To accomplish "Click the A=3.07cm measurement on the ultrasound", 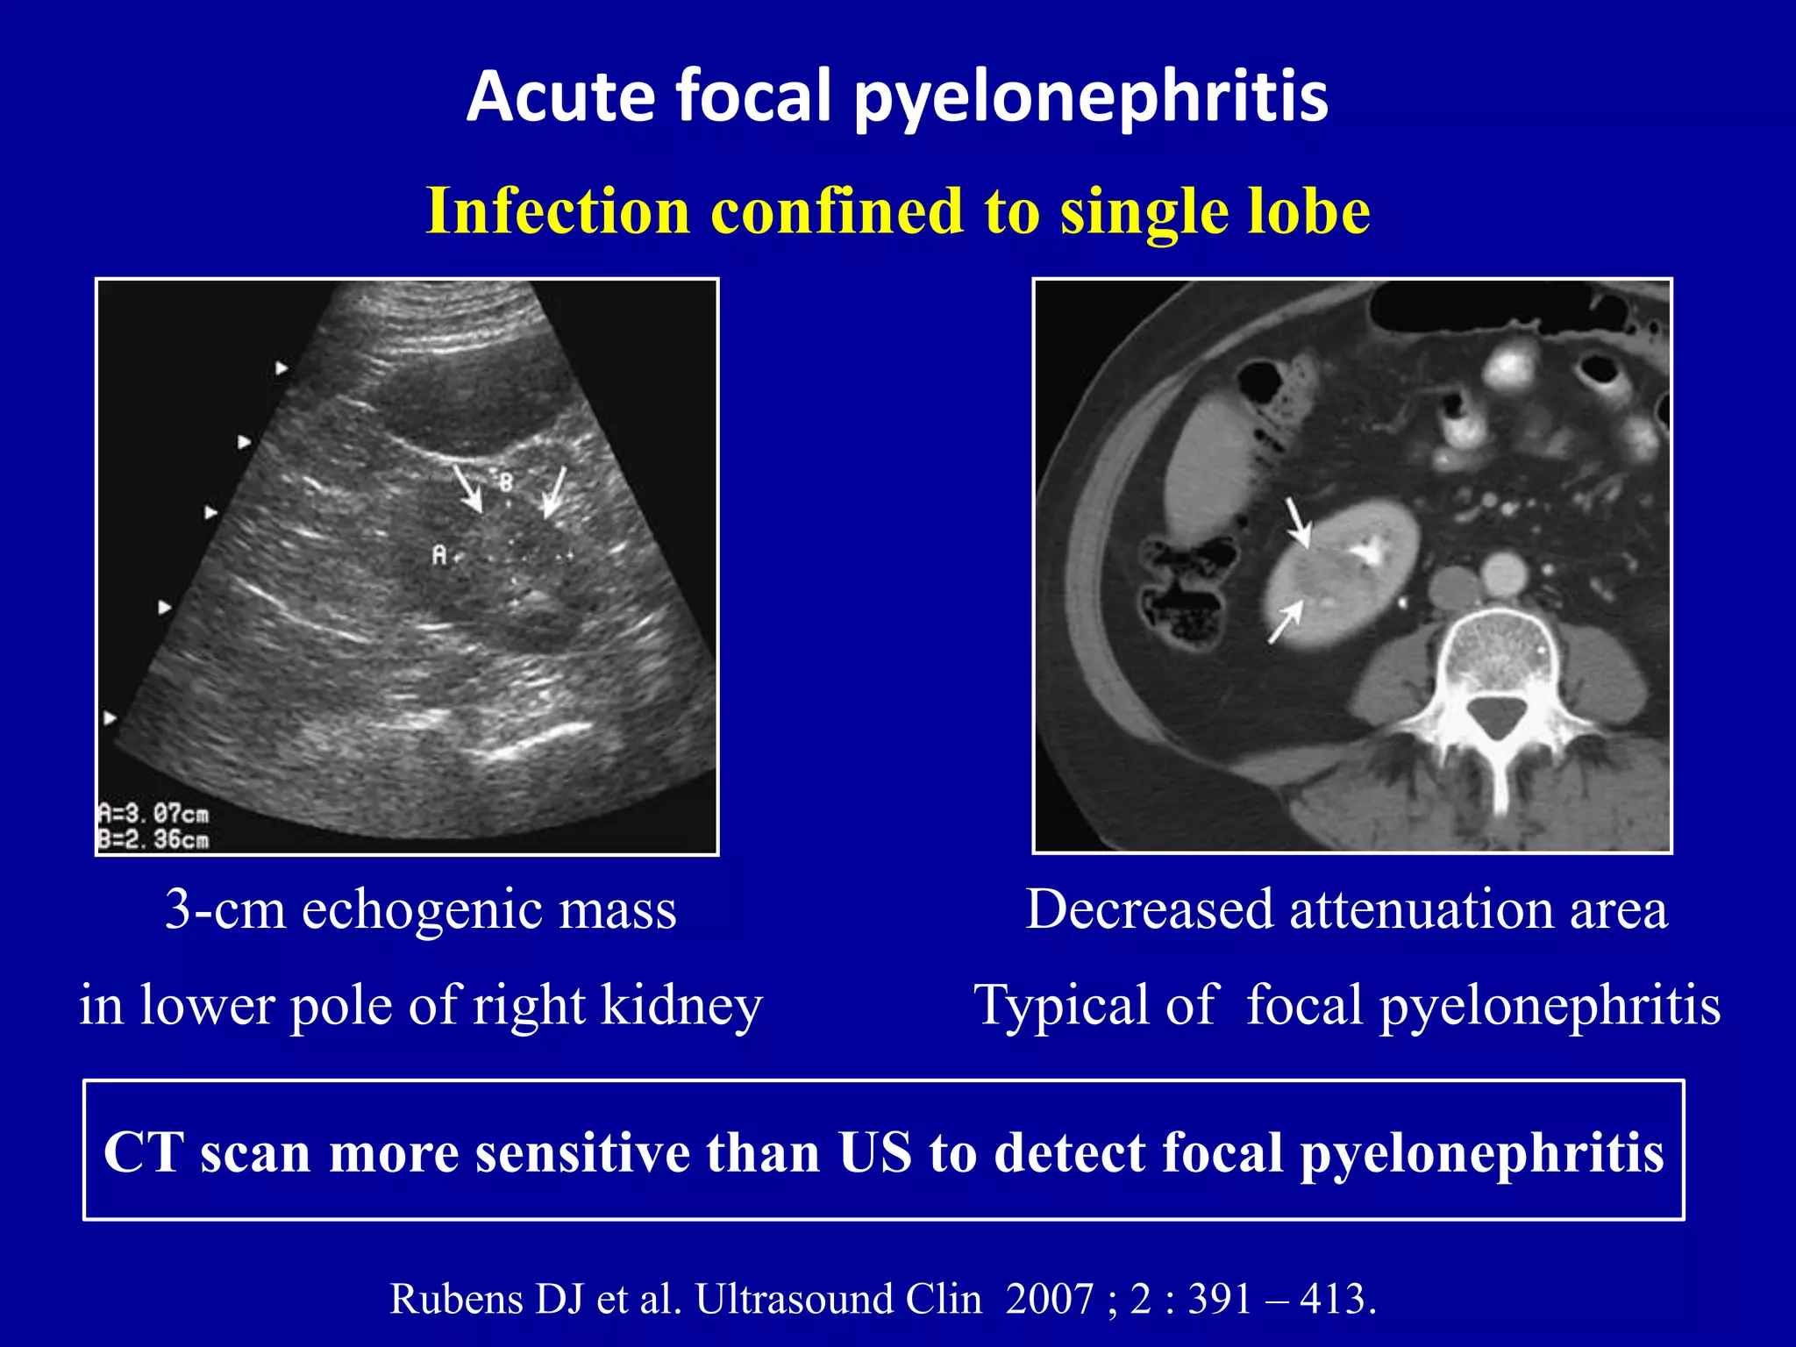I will pos(154,814).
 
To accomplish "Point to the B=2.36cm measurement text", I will pos(154,840).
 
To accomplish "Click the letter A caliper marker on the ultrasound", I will pos(439,554).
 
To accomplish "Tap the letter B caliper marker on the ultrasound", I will pos(506,481).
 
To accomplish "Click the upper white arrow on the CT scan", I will pos(1298,523).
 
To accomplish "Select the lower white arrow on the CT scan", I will pos(1285,624).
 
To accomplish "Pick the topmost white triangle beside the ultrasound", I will pos(281,367).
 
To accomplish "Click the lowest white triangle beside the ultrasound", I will pos(110,718).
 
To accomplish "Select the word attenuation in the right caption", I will pos(1421,909).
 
